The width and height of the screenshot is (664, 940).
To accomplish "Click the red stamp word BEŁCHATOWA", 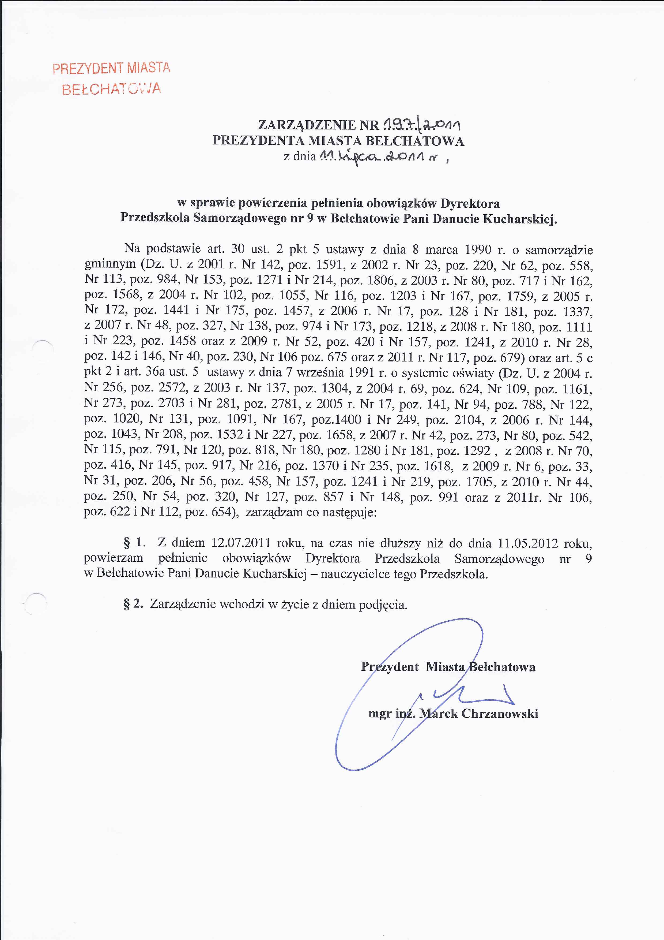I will pos(111,89).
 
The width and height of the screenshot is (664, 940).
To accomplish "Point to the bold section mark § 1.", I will pos(135,543).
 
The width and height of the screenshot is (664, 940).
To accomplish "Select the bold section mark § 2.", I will pos(133,604).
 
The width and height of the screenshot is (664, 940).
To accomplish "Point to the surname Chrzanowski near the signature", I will pos(500,713).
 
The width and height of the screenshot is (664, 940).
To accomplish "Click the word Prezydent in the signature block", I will pos(390,667).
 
